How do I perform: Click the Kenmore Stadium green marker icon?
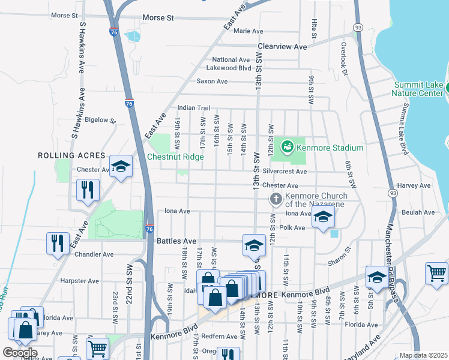[288, 146]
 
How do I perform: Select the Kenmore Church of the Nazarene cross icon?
[276, 199]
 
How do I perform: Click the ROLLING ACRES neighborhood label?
[72, 155]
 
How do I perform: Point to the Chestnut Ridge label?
[175, 157]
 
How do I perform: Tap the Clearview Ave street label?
[282, 46]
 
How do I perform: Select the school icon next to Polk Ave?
[323, 219]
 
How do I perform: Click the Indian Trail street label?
[193, 108]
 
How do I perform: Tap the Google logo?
[20, 352]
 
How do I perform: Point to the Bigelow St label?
[100, 120]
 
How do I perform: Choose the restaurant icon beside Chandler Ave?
[57, 242]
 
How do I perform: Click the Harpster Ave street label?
[79, 281]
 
